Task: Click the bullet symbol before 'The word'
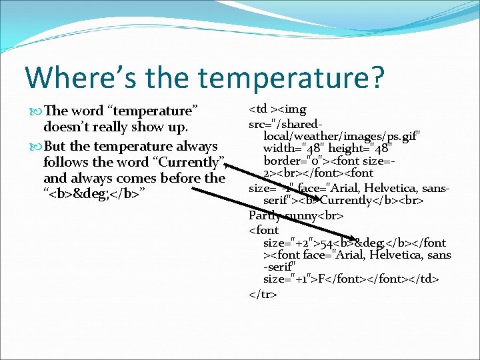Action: [37, 111]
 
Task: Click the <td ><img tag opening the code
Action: [277, 109]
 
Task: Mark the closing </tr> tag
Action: [263, 293]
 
